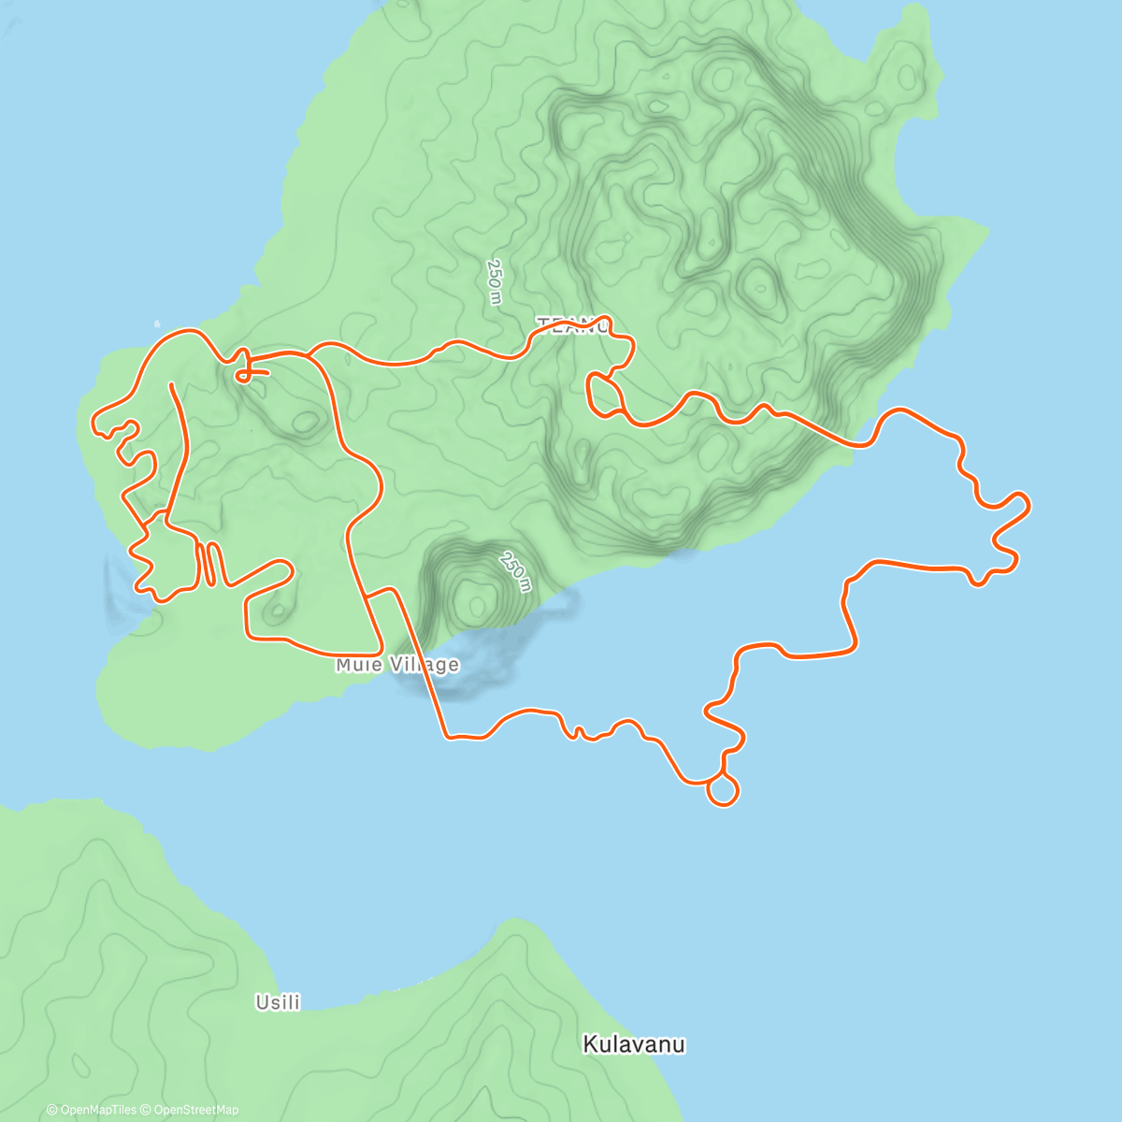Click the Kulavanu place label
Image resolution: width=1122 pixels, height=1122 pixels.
tap(634, 1043)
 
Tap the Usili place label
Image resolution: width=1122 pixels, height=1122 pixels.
tap(278, 1002)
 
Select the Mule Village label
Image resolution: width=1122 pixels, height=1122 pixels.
tap(397, 665)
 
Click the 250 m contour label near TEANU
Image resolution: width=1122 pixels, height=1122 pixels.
tap(494, 281)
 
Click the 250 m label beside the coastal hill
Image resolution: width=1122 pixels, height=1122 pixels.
tap(514, 572)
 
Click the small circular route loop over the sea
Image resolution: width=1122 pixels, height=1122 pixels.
tap(723, 790)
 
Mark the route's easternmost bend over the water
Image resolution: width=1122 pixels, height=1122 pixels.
tap(1027, 505)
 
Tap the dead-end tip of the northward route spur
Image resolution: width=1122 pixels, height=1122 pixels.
tap(171, 383)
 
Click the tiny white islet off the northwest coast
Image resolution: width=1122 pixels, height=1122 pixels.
tap(157, 325)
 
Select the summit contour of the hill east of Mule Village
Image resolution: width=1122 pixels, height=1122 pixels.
tap(475, 595)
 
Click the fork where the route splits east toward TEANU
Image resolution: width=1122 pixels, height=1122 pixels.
tap(310, 354)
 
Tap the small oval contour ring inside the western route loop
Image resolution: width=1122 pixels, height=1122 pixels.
tap(305, 423)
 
